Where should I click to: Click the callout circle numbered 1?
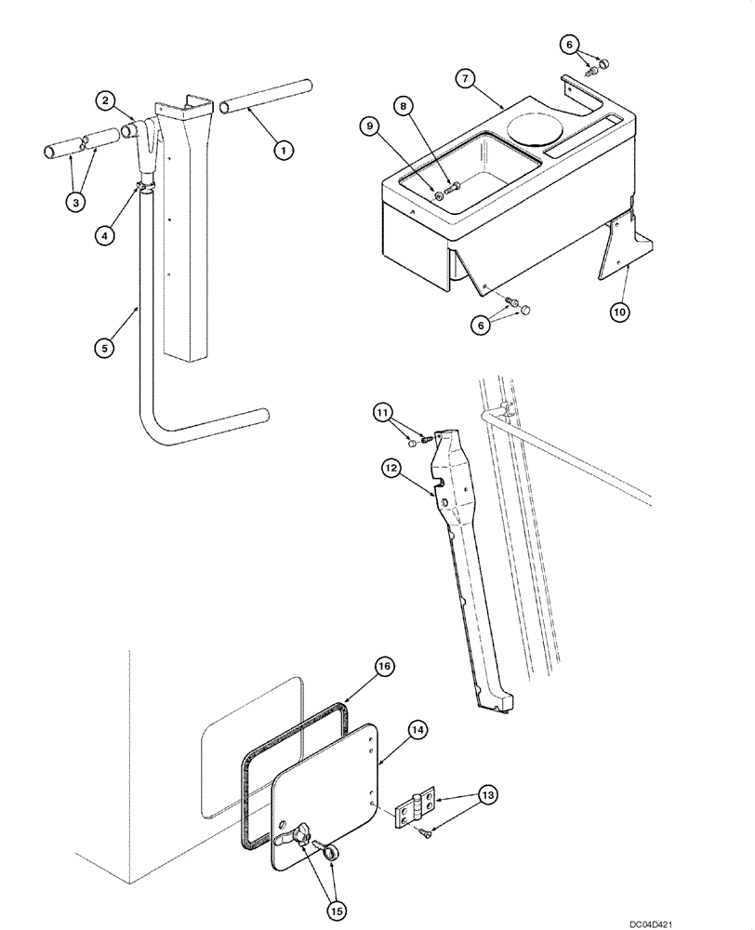tap(282, 147)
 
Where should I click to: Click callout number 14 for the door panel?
tap(417, 732)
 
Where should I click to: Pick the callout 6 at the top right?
tap(573, 44)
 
